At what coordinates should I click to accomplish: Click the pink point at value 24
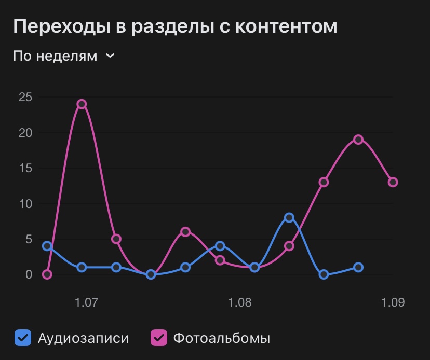click(82, 104)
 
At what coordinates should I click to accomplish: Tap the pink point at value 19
click(358, 140)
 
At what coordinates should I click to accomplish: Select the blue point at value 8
click(289, 218)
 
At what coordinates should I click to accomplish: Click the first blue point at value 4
click(47, 246)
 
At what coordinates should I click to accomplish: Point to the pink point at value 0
click(47, 274)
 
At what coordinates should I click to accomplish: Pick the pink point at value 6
click(185, 232)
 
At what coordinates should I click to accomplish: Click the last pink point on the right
click(393, 182)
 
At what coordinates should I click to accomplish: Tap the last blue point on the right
click(358, 267)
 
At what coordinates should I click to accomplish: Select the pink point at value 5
click(116, 239)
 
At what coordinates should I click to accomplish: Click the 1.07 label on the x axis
click(86, 302)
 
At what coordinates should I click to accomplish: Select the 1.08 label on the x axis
click(239, 302)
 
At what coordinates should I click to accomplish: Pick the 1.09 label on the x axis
click(393, 302)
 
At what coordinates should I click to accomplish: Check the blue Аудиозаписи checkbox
click(23, 338)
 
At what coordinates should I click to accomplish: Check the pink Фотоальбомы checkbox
click(158, 338)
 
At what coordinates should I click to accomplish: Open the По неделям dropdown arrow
click(110, 56)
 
